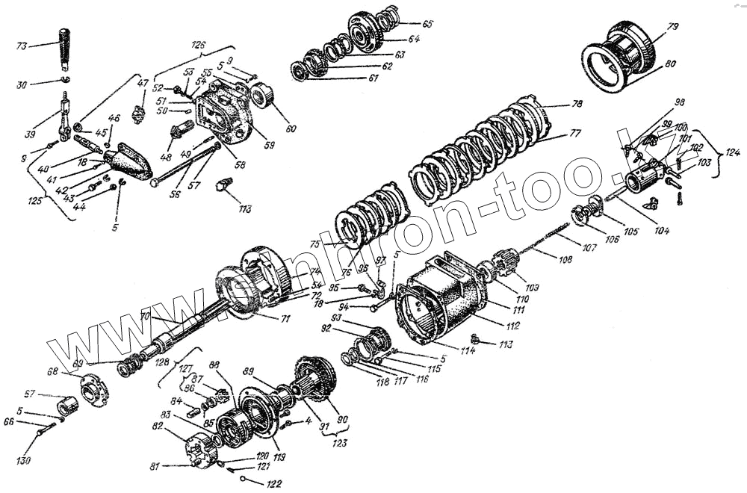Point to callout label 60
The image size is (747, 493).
point(290,128)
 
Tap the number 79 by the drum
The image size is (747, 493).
point(672,28)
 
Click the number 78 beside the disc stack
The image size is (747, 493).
point(577,105)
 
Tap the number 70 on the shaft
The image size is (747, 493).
point(146,317)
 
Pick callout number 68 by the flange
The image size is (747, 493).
point(53,371)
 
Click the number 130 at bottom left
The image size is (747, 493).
point(25,460)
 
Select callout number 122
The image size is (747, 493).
point(273,484)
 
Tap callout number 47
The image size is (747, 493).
point(142,83)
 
